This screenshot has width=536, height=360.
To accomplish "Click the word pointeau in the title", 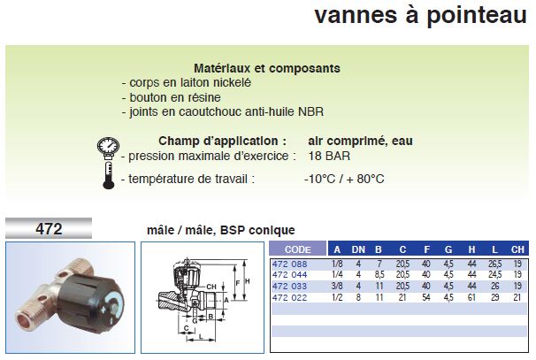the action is [477, 16].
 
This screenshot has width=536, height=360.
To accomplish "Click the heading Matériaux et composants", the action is [267, 68].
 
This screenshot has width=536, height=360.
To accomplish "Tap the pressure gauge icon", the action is [109, 148].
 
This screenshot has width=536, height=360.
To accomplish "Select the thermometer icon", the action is [109, 175].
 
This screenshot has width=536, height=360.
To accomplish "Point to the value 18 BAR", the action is [329, 156].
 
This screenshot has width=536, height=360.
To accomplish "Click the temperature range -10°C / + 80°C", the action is [344, 179].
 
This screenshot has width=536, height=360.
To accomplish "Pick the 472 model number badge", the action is [49, 228].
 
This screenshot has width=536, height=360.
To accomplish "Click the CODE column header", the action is [298, 249].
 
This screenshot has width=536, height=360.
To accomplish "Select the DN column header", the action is [358, 250].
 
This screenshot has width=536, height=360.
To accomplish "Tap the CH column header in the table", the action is [517, 250].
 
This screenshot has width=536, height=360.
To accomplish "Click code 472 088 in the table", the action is [289, 264].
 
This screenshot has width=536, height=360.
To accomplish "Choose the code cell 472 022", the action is [289, 297].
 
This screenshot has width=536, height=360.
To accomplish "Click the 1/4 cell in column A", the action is [337, 274].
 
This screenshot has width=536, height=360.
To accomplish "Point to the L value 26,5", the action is [495, 264].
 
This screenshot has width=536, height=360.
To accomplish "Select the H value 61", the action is [471, 297].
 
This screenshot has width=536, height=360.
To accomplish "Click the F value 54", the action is [426, 297].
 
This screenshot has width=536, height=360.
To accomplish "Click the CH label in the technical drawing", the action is [211, 287].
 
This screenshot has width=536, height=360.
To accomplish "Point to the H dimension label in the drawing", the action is [248, 281].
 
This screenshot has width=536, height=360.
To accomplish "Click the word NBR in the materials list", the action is [311, 111].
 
